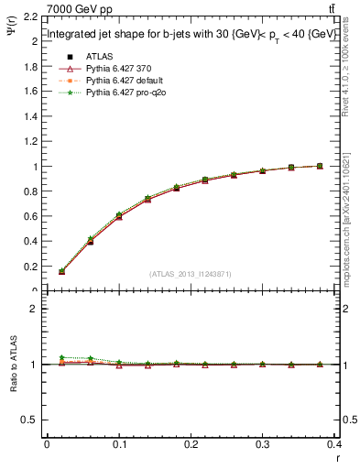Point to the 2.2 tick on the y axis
[x=32, y=17]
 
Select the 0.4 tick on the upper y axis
[x=32, y=242]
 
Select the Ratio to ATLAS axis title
[x=12, y=365]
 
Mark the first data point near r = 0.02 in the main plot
[x=61, y=271]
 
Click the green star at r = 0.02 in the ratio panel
[x=61, y=357]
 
